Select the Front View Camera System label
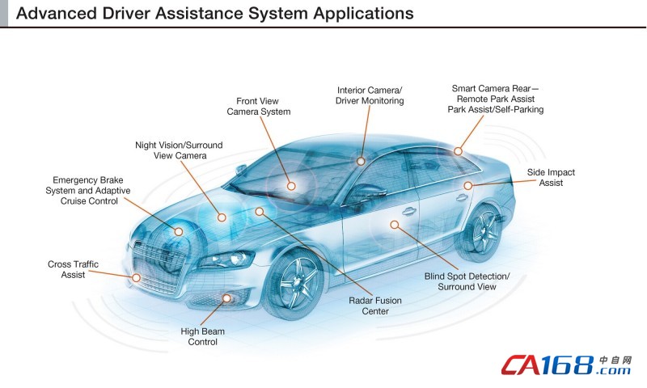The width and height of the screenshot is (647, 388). coord(258,107)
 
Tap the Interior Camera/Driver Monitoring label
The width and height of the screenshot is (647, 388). coord(370,95)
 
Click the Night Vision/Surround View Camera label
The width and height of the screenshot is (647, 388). coord(179,150)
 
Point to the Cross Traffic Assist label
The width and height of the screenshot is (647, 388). coord(73,270)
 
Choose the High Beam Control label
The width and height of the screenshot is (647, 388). coord(203,336)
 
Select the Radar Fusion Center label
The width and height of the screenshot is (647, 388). coord(375,306)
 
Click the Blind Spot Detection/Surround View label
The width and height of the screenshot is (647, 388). coord(467,281)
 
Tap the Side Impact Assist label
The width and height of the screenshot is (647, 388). coord(551,178)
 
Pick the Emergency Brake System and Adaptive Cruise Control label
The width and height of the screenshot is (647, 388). coord(87,190)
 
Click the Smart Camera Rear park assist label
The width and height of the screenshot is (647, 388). coord(495,99)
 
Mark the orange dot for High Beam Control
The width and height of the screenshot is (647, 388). coord(227,299)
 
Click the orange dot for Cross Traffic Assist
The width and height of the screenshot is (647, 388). coord(136,278)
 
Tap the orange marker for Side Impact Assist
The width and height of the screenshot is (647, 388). coord(467,185)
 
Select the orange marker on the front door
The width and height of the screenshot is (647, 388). coord(395,224)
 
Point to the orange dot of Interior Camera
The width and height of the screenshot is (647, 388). coord(362,162)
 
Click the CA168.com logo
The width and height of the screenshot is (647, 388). coord(565,365)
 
